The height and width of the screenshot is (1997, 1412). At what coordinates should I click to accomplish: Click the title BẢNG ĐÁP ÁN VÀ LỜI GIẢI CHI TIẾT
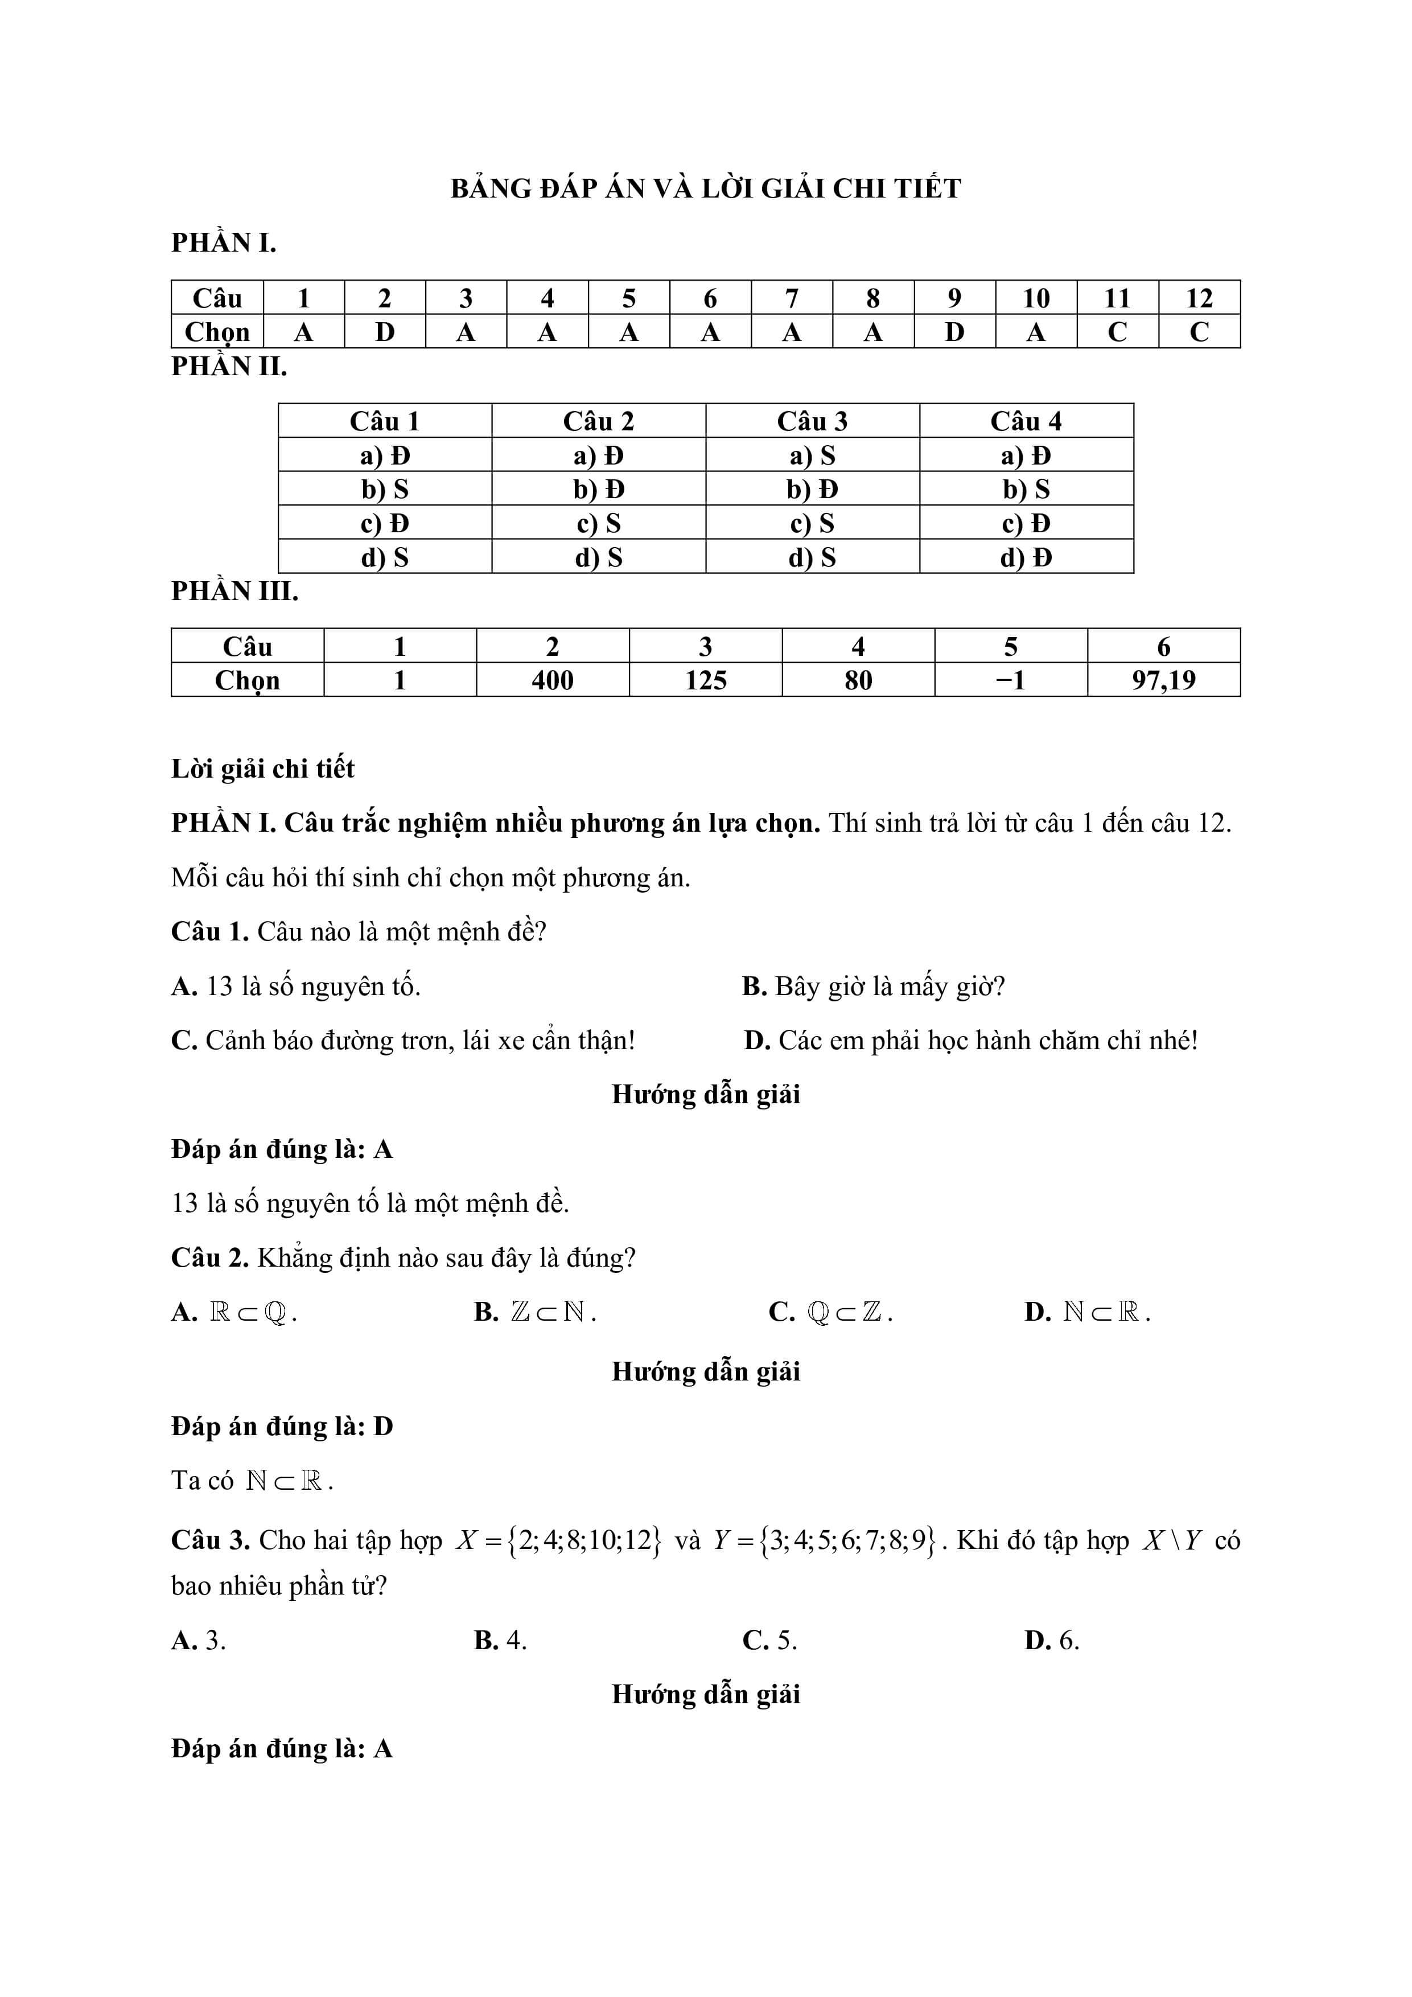pos(705,189)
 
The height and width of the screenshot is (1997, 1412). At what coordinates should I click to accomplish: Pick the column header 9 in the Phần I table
pos(954,298)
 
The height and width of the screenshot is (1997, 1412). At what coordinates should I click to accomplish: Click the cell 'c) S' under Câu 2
pos(598,524)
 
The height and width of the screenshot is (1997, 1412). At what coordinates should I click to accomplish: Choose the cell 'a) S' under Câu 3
pos(812,456)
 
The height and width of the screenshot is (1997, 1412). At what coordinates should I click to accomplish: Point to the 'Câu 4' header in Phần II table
pos(1026,422)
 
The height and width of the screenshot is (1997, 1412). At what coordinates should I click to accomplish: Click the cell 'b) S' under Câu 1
pos(384,490)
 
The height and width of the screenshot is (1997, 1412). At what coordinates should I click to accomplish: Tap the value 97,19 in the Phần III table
pos(1163,680)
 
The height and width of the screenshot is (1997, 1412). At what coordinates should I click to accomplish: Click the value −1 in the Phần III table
pos(1010,680)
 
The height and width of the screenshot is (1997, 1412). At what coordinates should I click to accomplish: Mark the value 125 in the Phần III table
pos(705,680)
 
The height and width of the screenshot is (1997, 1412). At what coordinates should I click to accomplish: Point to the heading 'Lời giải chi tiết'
pos(262,769)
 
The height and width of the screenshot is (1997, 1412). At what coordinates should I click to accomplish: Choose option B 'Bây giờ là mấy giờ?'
pos(874,987)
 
